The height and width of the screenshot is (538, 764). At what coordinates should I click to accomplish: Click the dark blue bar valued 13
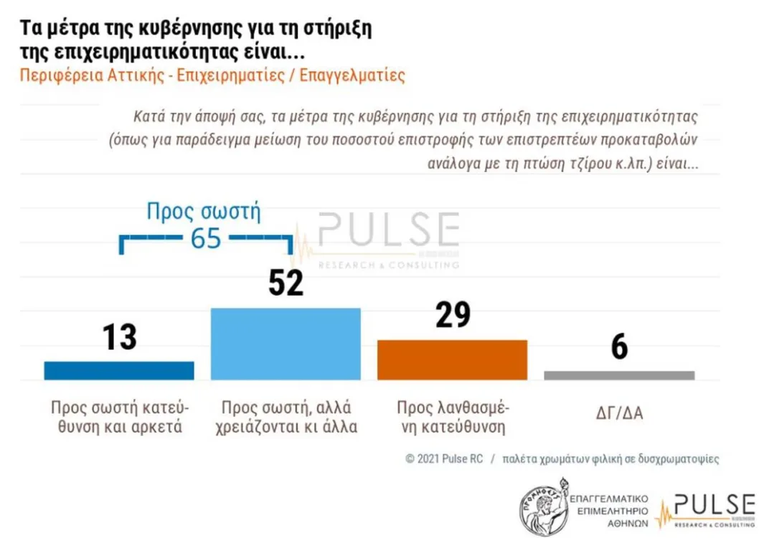119,370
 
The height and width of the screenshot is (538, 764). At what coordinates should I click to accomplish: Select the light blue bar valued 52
285,344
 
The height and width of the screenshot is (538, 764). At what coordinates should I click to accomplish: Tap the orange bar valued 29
452,359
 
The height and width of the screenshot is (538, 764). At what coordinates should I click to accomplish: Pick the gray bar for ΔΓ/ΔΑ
619,375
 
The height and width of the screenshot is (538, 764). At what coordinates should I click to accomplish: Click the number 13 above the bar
119,337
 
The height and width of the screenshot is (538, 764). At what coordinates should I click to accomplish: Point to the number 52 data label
286,283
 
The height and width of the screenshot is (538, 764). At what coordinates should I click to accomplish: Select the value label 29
453,316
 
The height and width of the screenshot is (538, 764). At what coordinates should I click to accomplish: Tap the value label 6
619,347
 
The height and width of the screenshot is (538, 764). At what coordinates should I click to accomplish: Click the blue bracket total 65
206,239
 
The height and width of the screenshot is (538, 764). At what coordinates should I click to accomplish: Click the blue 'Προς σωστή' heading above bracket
203,212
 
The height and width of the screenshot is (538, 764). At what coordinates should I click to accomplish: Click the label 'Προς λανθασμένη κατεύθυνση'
453,417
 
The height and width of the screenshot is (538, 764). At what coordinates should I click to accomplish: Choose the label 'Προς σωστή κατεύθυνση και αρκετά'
119,417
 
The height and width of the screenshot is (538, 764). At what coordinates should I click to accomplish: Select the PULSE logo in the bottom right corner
706,509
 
